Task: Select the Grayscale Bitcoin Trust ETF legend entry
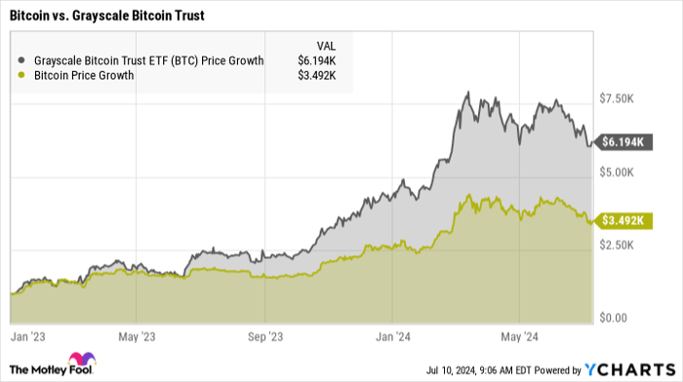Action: tap(146, 60)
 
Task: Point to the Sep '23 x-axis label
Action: tap(265, 337)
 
